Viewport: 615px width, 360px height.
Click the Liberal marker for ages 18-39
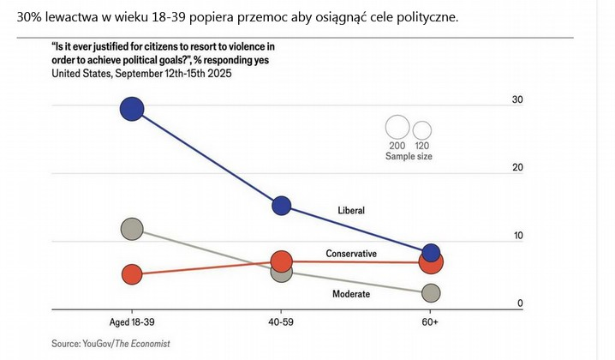[x=132, y=109]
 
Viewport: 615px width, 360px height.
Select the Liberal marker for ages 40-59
[x=282, y=206]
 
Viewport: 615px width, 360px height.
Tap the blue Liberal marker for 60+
[x=432, y=252]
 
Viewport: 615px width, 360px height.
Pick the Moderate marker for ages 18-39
[x=131, y=229]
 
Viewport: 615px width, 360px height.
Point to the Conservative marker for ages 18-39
[x=131, y=274]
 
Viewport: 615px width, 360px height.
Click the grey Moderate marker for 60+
[x=432, y=293]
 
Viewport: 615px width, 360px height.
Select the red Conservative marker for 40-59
[x=282, y=261]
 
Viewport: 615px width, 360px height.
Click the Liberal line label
[x=351, y=210]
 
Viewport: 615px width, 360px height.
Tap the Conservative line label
[x=351, y=254]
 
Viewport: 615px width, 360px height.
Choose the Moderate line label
[x=351, y=294]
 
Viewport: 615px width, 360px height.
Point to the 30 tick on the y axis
[x=516, y=100]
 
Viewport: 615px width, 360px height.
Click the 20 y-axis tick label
[x=516, y=167]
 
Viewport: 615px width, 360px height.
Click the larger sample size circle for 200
[x=397, y=128]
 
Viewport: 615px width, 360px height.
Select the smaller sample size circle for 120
[x=422, y=130]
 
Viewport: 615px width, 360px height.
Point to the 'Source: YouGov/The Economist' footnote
[x=110, y=343]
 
